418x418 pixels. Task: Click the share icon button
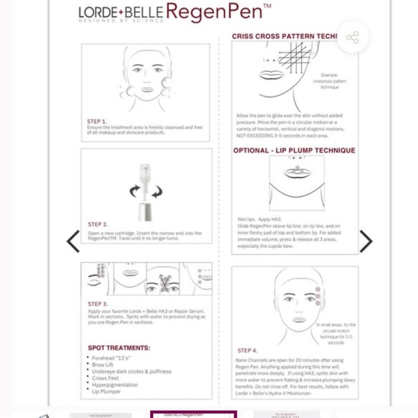tap(352, 37)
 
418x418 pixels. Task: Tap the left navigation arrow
tap(73, 241)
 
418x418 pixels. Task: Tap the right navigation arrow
tap(365, 241)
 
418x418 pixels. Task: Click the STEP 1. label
tap(97, 122)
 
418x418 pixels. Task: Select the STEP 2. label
tap(97, 225)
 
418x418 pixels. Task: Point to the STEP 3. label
tap(97, 304)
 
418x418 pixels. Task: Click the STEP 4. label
tap(247, 351)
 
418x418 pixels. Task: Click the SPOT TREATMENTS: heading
tap(119, 348)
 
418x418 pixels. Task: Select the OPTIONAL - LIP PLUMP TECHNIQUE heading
tap(294, 151)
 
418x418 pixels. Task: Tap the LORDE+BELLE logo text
tap(120, 14)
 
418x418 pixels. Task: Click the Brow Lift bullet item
tap(103, 365)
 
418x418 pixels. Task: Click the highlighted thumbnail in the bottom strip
tap(193, 414)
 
